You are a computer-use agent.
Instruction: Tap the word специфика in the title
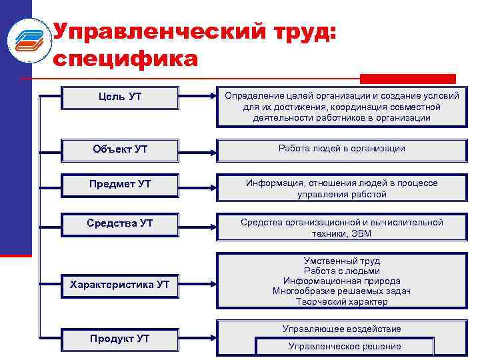125,59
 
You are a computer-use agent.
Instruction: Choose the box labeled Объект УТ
119,149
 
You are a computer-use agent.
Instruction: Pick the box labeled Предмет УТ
119,184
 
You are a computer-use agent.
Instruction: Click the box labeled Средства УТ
119,223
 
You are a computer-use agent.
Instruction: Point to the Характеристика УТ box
119,285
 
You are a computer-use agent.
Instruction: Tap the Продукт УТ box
119,339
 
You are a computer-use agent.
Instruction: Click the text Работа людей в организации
341,148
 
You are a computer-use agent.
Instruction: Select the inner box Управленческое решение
345,346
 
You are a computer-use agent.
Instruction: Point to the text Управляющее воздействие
341,329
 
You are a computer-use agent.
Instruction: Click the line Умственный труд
341,261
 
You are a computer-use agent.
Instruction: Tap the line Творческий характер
341,301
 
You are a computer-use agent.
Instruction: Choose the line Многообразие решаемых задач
341,291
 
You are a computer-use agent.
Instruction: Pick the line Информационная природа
341,281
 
